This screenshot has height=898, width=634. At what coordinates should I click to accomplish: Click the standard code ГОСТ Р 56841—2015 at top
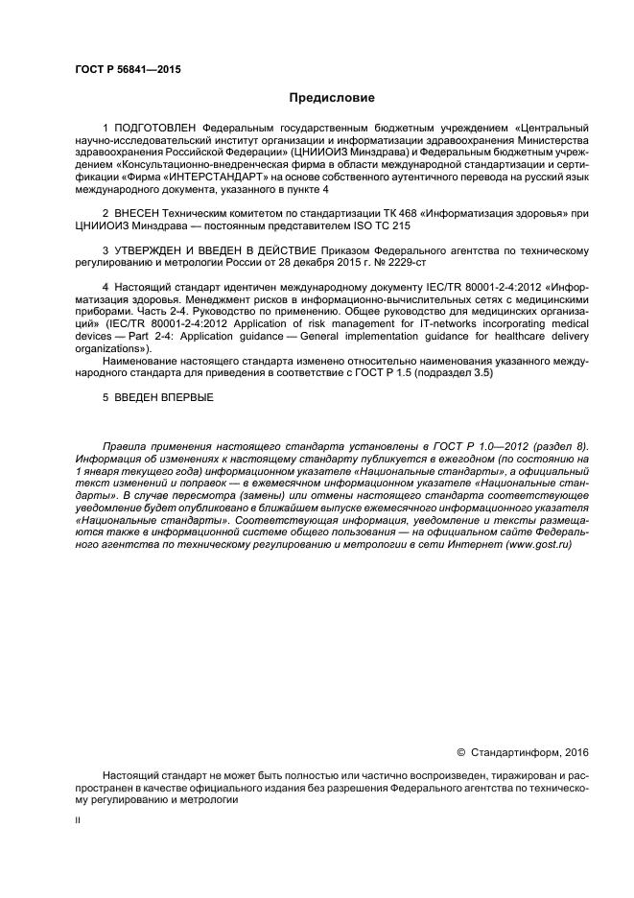pyautogui.click(x=128, y=69)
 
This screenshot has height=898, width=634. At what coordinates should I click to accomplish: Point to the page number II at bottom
pyautogui.click(x=78, y=821)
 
